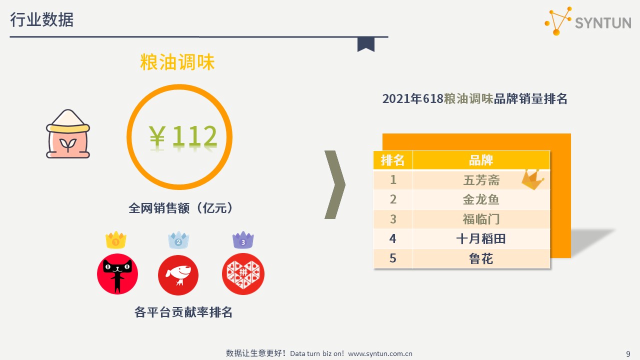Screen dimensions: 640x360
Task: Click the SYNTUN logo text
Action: tap(603, 23)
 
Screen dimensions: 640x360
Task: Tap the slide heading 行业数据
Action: tap(41, 19)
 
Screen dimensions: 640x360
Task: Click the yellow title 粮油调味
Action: tap(177, 62)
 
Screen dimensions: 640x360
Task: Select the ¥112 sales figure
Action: tap(183, 136)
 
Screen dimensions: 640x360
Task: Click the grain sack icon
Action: tap(68, 133)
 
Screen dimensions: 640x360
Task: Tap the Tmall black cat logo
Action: tap(117, 273)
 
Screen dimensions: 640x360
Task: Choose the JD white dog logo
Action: tap(178, 275)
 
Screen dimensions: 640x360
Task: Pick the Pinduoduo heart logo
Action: tap(243, 274)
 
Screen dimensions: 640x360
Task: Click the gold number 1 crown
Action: tap(115, 240)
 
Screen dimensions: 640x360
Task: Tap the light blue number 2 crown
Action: tap(178, 240)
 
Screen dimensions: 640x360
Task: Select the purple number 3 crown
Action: tap(243, 240)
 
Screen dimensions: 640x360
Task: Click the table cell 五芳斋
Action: tap(481, 180)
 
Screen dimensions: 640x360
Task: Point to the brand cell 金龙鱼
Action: tap(481, 199)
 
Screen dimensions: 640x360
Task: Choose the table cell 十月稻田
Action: tap(481, 239)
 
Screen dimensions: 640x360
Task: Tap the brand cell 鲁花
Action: tap(481, 258)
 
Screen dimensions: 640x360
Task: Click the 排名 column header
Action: tap(393, 160)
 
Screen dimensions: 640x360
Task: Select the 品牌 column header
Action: tap(481, 160)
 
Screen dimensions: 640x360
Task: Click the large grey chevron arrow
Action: tap(335, 184)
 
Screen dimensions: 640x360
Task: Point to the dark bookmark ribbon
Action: tap(365, 44)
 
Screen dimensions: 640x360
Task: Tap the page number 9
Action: tap(628, 353)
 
